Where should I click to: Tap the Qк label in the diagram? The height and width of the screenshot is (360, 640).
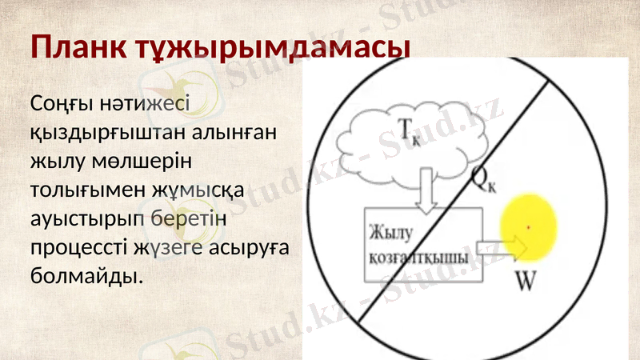pyautogui.click(x=485, y=183)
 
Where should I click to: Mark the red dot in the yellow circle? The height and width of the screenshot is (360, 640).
pyautogui.click(x=528, y=228)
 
